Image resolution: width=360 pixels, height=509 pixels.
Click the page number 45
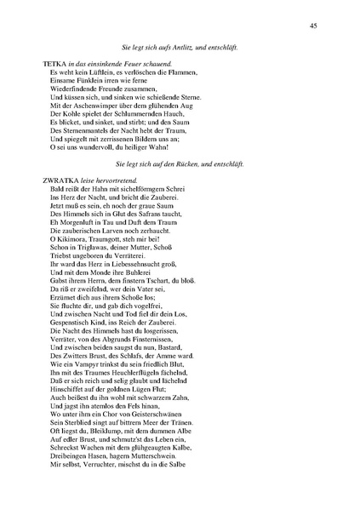[x=313, y=26]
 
